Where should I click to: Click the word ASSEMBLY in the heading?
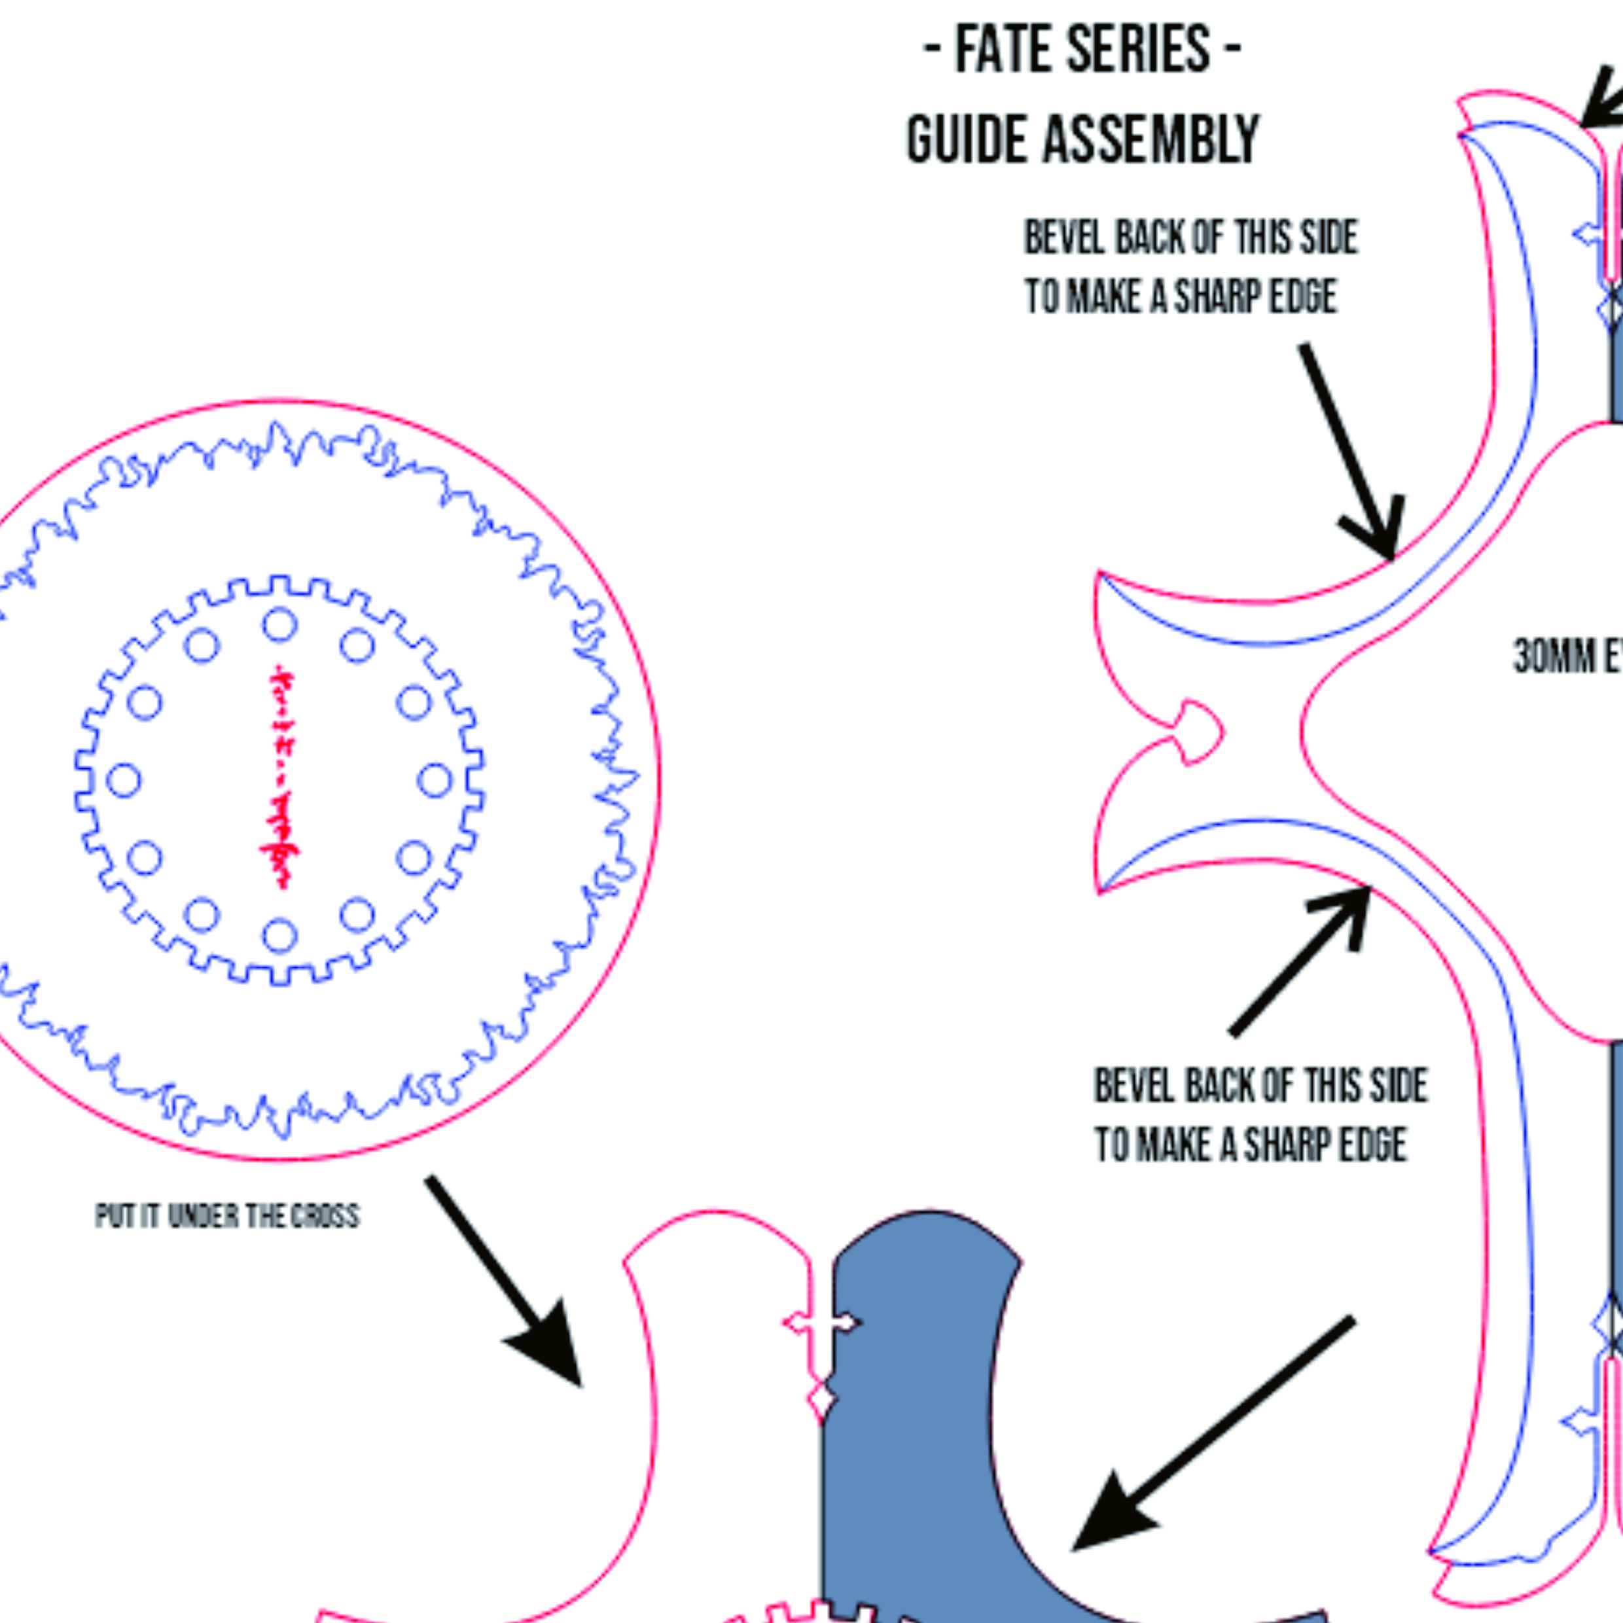tap(1152, 139)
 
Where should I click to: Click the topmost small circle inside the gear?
tap(279, 625)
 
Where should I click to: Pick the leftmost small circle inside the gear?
tap(124, 781)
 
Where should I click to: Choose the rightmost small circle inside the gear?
tap(435, 781)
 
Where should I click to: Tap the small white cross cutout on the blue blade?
tap(821, 1324)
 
